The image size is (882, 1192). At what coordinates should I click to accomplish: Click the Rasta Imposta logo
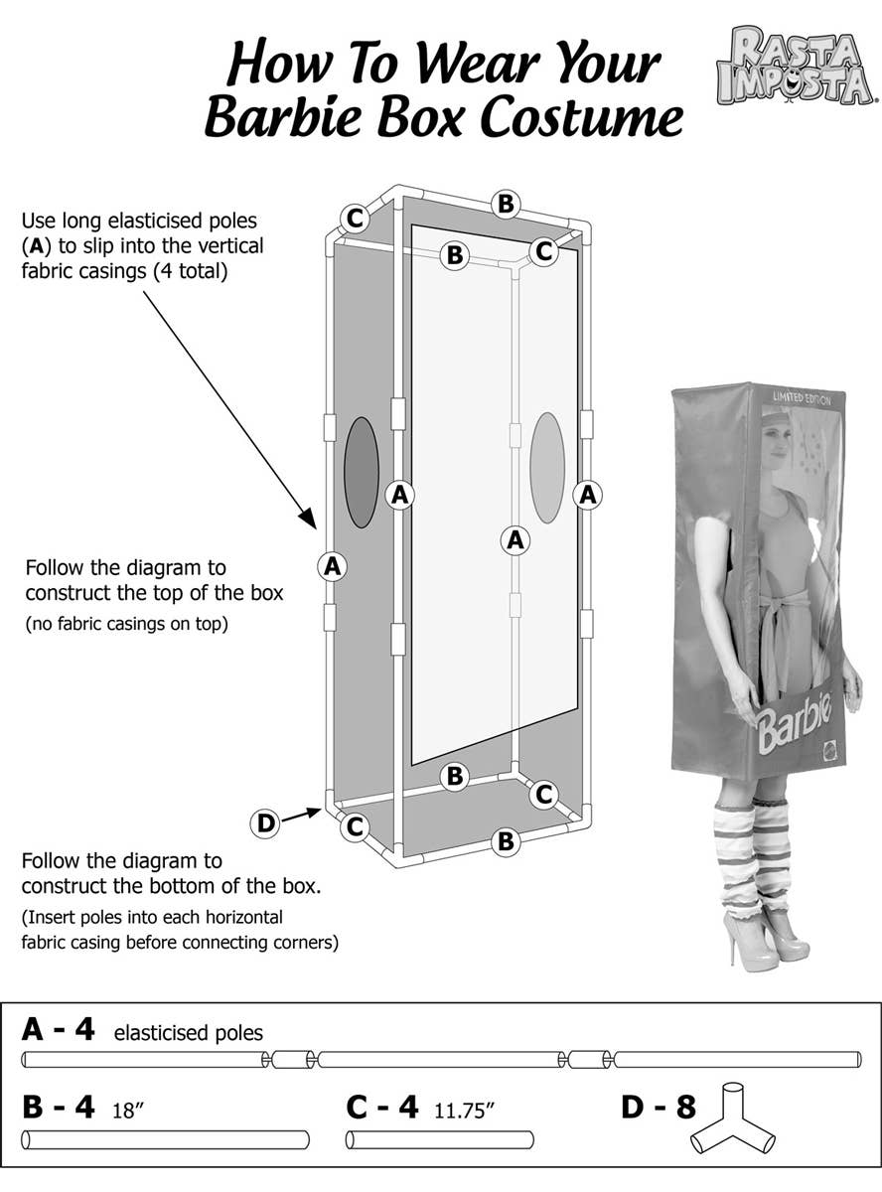pos(796,66)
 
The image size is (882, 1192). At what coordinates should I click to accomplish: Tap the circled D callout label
pos(265,822)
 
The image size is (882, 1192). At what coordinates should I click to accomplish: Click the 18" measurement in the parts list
pos(129,1110)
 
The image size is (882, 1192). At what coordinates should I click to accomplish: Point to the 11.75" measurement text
pos(464,1110)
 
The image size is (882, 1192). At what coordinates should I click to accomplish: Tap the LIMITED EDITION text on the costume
pos(803,397)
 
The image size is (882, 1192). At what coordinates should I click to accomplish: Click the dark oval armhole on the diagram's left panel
pos(362,472)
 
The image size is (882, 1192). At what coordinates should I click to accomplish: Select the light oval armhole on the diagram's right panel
pos(547,468)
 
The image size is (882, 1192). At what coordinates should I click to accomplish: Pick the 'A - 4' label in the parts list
pos(58,1029)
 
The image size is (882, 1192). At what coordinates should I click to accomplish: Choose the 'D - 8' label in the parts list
pos(658,1107)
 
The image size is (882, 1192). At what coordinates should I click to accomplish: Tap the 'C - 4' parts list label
pos(381,1107)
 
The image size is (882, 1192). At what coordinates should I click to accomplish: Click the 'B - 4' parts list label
pos(58,1107)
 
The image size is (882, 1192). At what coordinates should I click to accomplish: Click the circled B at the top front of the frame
pos(506,205)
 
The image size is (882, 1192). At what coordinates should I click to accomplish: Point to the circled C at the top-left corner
pos(354,217)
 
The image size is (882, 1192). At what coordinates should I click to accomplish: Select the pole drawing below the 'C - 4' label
pos(439,1139)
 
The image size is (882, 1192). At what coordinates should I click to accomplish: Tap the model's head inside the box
pos(776,438)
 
